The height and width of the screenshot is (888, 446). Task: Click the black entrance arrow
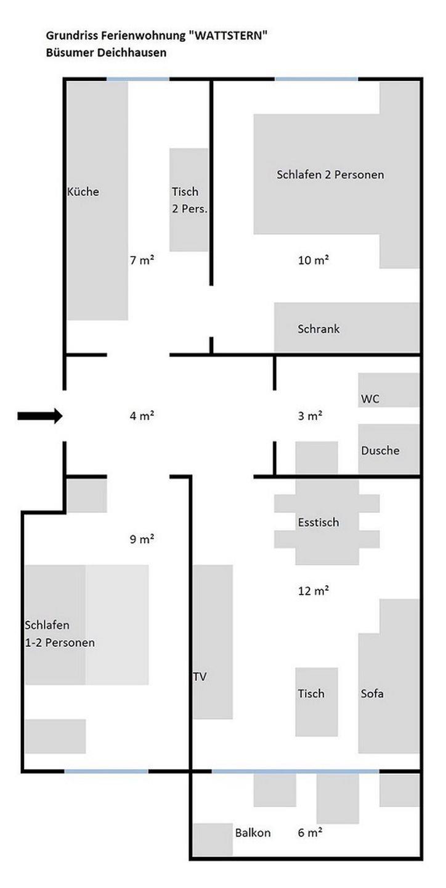click(40, 416)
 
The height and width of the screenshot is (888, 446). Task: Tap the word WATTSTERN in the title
click(229, 36)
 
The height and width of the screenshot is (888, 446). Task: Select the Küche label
click(83, 191)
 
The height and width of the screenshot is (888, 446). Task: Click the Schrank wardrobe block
click(347, 327)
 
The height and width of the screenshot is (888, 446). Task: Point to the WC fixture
click(389, 390)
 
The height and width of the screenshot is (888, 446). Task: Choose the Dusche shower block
click(389, 449)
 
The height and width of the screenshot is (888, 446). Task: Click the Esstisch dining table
click(326, 522)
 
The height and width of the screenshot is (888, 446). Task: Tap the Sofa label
click(372, 693)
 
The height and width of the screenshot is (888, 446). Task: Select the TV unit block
click(213, 642)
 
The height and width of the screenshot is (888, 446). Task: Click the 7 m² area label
click(142, 260)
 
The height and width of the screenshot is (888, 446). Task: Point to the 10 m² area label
click(314, 260)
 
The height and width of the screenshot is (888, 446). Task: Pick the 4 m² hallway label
click(142, 416)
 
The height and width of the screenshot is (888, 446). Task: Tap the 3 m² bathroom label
click(310, 416)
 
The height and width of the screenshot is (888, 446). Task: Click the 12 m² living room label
click(314, 591)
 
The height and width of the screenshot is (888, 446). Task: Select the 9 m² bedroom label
click(142, 539)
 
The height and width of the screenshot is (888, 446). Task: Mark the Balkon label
click(253, 833)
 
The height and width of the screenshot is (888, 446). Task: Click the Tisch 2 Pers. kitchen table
click(189, 200)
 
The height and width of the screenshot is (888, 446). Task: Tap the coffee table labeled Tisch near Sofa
click(317, 702)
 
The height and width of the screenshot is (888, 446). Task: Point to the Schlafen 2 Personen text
click(330, 175)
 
